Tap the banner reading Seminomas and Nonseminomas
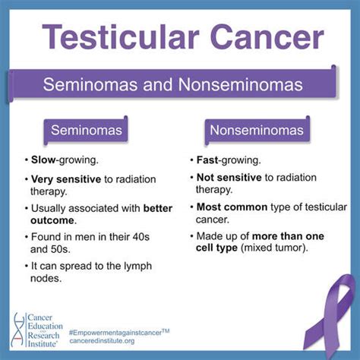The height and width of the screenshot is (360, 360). [180, 82]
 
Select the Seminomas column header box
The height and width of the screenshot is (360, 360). [86, 131]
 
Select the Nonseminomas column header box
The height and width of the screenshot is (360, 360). [257, 131]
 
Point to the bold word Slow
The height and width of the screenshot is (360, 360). [44, 160]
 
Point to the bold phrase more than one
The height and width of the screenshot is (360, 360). [278, 235]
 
